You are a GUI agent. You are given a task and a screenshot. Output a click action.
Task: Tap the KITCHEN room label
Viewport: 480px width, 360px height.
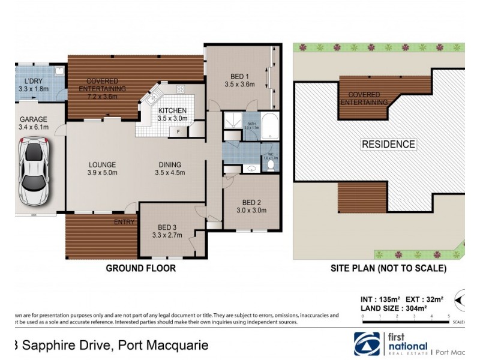click(172, 110)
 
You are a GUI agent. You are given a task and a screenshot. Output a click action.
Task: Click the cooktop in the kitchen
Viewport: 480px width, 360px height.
click(181, 89)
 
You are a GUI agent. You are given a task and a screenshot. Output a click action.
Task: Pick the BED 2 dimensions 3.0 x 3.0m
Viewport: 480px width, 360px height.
click(251, 210)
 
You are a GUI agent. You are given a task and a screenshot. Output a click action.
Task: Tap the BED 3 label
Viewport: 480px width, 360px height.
click(167, 227)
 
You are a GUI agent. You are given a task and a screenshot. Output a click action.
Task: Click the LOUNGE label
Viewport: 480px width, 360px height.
click(102, 165)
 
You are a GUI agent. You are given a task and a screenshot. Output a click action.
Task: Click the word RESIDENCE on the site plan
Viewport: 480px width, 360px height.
click(388, 144)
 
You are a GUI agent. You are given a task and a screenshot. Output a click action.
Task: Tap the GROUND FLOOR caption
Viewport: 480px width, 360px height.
click(141, 268)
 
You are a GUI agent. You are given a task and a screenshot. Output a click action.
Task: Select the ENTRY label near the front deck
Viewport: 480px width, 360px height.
click(124, 223)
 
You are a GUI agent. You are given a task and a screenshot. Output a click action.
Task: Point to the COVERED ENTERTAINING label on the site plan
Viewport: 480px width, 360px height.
click(365, 98)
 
